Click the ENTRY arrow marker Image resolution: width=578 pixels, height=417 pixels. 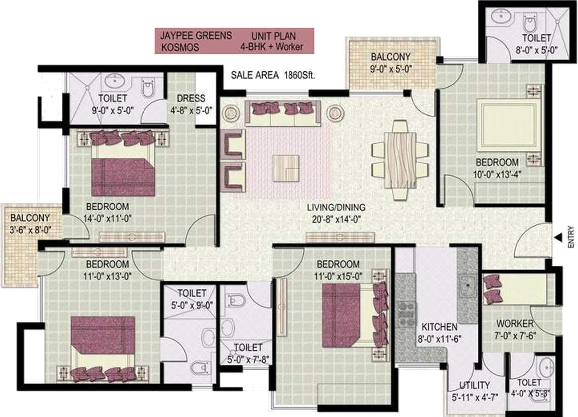(559, 237)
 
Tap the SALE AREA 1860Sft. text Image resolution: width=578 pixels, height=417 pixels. (273, 75)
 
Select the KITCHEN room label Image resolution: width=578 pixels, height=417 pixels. (439, 327)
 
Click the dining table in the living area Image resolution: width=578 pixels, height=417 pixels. (400, 160)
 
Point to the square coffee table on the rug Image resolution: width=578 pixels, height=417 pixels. (286, 168)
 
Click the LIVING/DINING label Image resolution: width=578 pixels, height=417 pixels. (336, 208)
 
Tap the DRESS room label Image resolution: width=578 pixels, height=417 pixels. (191, 99)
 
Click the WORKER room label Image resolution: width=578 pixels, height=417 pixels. (515, 324)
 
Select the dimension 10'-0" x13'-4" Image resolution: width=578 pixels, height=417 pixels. (497, 174)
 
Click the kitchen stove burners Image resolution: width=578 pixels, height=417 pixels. (406, 314)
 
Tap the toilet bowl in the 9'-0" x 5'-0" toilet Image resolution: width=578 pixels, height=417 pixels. (147, 88)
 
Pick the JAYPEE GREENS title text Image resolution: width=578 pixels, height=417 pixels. (196, 36)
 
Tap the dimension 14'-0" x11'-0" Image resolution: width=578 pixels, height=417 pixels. (107, 219)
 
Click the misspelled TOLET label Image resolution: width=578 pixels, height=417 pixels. (529, 382)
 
